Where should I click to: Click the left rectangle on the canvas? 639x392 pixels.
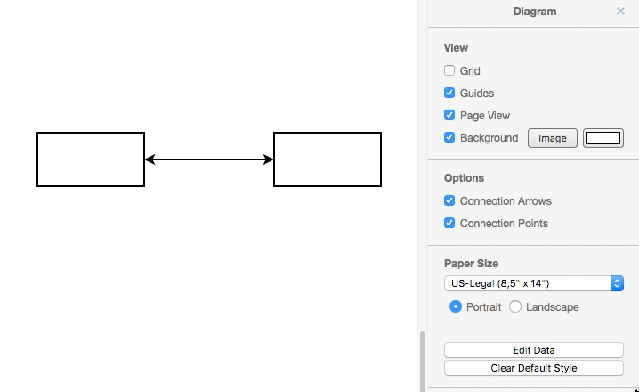(x=91, y=159)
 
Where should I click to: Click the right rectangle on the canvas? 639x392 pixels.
(x=328, y=159)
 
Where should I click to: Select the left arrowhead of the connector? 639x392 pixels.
(x=150, y=159)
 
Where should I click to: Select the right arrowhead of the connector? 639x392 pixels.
(x=269, y=159)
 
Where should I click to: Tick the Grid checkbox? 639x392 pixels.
(x=449, y=70)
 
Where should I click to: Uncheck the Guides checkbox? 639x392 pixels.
(x=449, y=93)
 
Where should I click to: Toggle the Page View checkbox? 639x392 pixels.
(x=449, y=115)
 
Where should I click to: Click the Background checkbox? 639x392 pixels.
(x=449, y=137)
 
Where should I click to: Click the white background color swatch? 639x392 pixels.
(x=603, y=138)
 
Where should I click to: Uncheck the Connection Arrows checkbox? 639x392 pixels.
(x=449, y=200)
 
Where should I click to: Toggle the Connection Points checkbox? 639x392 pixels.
(x=449, y=223)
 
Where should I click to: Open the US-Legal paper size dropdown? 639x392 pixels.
(x=534, y=283)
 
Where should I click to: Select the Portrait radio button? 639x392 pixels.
(x=456, y=306)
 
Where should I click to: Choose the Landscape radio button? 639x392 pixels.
(x=515, y=306)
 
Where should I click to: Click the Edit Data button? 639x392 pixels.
(x=534, y=350)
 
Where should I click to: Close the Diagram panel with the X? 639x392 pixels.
(x=620, y=12)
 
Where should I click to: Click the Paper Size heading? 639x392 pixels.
(x=471, y=263)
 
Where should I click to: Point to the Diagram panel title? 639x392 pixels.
(x=535, y=12)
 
